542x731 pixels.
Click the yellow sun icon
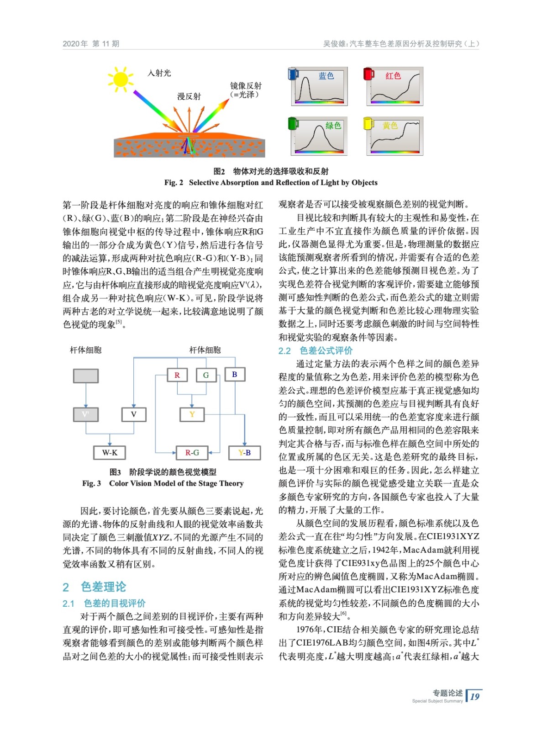click(x=121, y=79)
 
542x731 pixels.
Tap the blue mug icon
click(x=293, y=73)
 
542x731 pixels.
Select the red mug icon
click(x=368, y=73)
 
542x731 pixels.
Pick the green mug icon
click(x=293, y=123)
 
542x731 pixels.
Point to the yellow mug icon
click(x=368, y=123)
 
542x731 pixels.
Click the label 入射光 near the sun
click(x=159, y=73)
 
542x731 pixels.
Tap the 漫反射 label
click(x=189, y=96)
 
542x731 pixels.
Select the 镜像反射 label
click(x=246, y=86)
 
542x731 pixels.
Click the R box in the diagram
click(x=177, y=375)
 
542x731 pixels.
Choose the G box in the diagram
click(x=206, y=375)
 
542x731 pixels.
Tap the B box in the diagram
click(x=235, y=374)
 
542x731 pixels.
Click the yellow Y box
click(x=192, y=414)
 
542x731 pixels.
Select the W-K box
click(x=110, y=453)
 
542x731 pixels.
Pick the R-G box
click(x=192, y=453)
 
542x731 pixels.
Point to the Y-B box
click(x=245, y=453)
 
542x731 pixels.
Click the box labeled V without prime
click(x=134, y=414)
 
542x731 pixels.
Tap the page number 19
click(x=475, y=696)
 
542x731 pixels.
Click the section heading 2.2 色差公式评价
click(x=316, y=350)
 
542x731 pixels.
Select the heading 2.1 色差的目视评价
click(x=104, y=604)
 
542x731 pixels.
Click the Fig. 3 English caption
click(x=163, y=483)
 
